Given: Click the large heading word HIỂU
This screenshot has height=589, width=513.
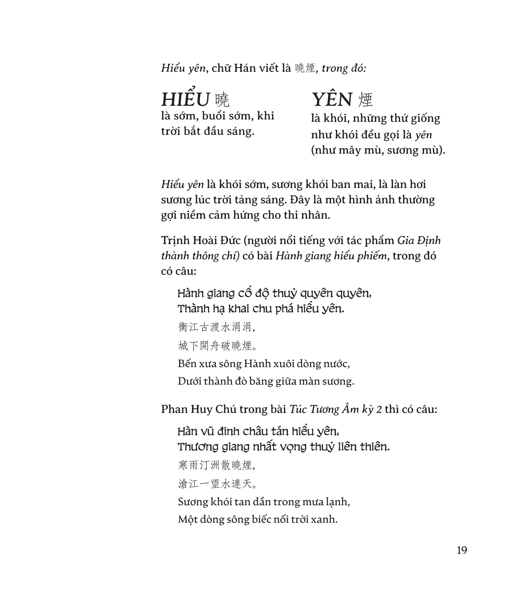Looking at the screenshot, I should pos(186,100).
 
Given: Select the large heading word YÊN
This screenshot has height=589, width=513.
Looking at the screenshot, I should pos(332,100).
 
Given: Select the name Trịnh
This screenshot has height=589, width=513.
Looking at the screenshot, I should pos(175,241).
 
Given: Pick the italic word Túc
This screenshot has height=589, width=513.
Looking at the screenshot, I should pos(297,409).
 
